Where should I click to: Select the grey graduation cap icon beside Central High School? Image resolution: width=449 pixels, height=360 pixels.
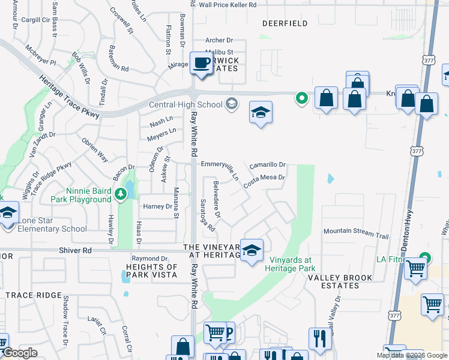pyautogui.click(x=231, y=105)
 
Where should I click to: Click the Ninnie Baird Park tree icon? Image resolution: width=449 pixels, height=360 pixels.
pyautogui.click(x=121, y=193)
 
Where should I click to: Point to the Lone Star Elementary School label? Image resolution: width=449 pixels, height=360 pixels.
pyautogui.click(x=52, y=229)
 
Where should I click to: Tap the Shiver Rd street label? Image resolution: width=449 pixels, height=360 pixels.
pyautogui.click(x=75, y=250)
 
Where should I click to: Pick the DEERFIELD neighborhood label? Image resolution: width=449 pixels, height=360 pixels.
pyautogui.click(x=285, y=23)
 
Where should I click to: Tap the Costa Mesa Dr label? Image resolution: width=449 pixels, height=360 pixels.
pyautogui.click(x=263, y=178)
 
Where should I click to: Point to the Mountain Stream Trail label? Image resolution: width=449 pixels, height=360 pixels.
pyautogui.click(x=357, y=231)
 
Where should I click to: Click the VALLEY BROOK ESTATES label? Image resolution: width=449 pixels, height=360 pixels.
pyautogui.click(x=340, y=282)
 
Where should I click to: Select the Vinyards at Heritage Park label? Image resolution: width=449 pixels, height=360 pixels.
pyautogui.click(x=291, y=264)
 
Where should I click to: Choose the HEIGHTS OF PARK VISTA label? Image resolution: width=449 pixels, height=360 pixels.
pyautogui.click(x=151, y=271)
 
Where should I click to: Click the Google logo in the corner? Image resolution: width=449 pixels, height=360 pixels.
pyautogui.click(x=20, y=353)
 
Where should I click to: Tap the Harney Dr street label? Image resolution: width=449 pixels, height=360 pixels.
pyautogui.click(x=157, y=206)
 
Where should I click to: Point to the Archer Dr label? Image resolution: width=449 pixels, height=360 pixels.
pyautogui.click(x=218, y=40)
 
